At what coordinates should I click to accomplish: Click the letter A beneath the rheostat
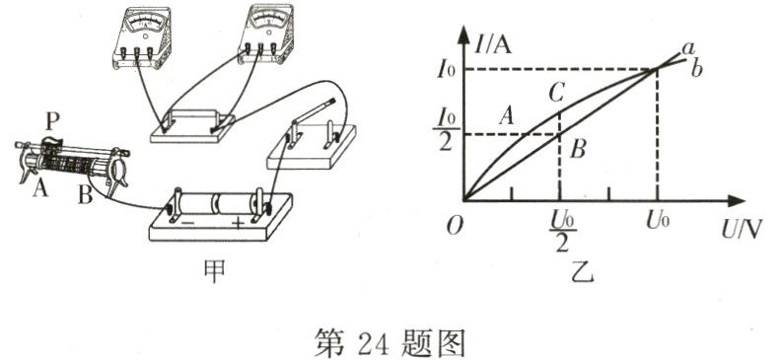(39, 188)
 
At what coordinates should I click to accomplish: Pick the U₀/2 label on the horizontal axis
(561, 224)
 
